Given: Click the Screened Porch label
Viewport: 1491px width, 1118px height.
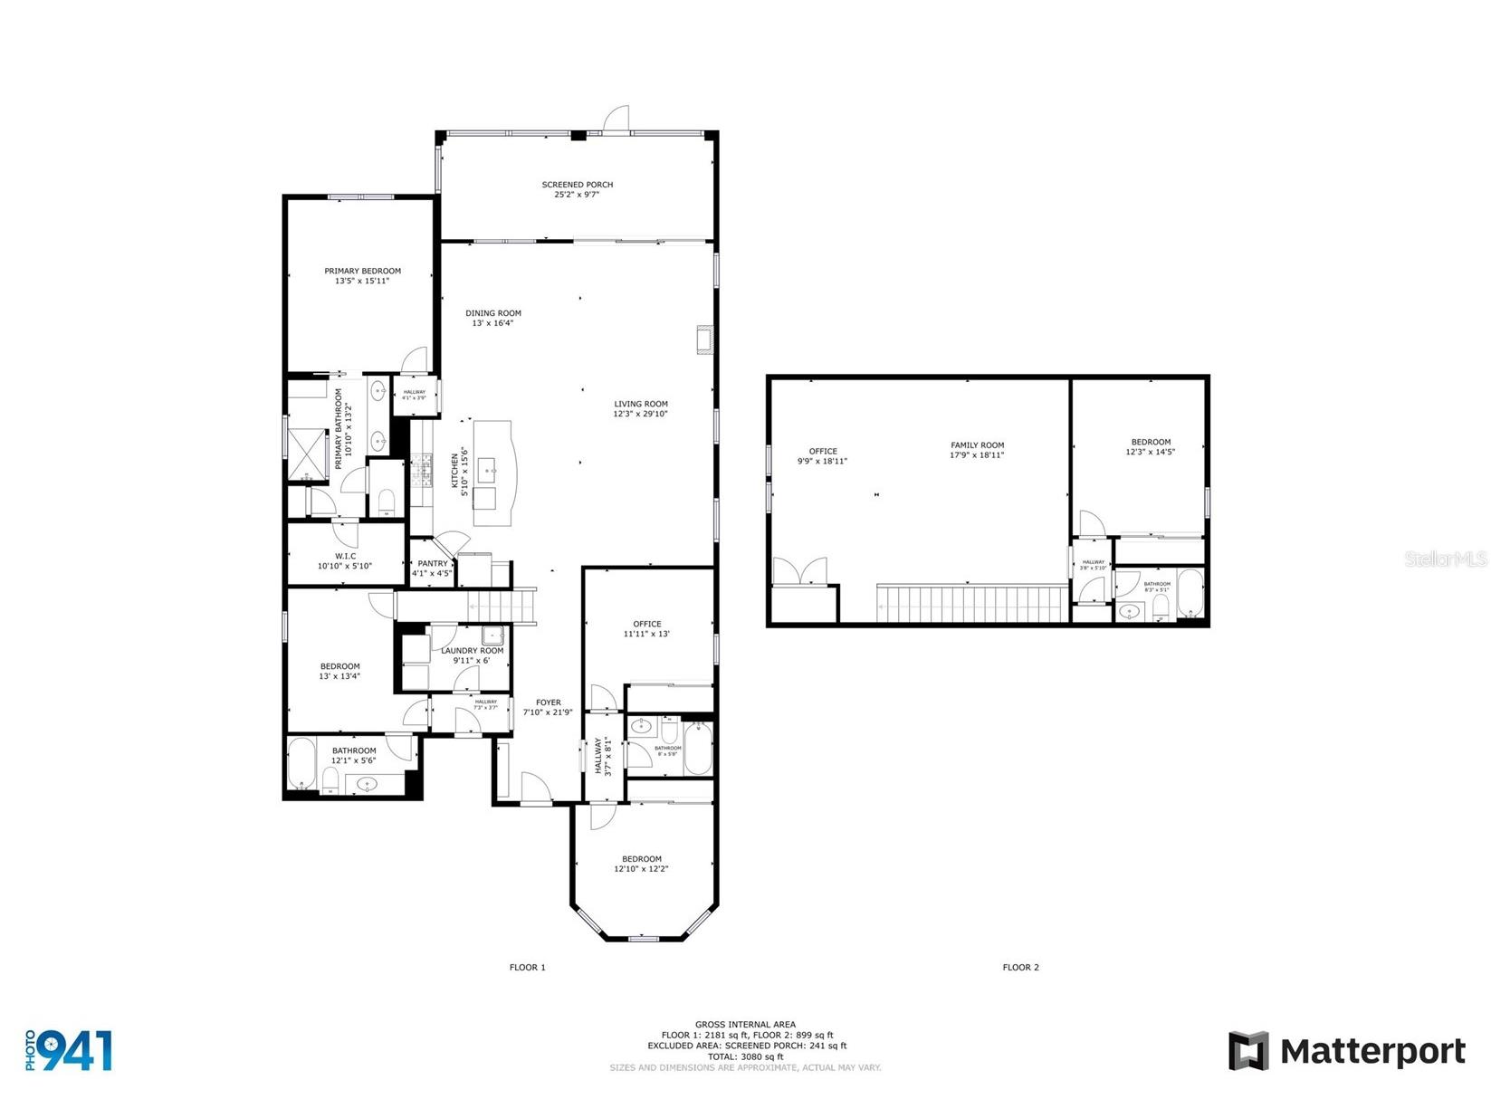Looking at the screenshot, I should click(577, 185).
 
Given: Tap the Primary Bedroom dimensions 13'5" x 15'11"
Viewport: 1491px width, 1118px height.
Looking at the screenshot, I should click(362, 282).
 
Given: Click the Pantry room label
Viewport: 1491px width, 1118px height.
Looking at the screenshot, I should click(433, 563).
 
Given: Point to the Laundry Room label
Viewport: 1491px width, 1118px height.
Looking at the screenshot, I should click(472, 651).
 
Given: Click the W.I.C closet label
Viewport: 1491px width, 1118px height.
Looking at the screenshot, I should click(344, 556).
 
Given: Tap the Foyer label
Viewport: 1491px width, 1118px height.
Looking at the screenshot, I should click(548, 702).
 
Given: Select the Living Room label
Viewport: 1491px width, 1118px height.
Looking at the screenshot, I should click(640, 405).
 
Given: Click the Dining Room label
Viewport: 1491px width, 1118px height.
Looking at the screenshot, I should click(493, 313).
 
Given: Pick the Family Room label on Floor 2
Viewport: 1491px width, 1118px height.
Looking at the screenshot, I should click(977, 445).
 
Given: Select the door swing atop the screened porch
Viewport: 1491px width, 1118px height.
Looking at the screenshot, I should click(617, 119).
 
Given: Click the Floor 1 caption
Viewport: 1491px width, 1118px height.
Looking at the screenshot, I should click(527, 968).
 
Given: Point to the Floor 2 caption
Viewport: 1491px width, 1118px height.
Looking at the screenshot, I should click(1020, 968).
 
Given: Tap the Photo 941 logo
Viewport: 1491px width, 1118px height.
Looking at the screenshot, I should click(69, 1050).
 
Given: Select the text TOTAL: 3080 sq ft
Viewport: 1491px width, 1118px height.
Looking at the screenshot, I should click(745, 1056).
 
